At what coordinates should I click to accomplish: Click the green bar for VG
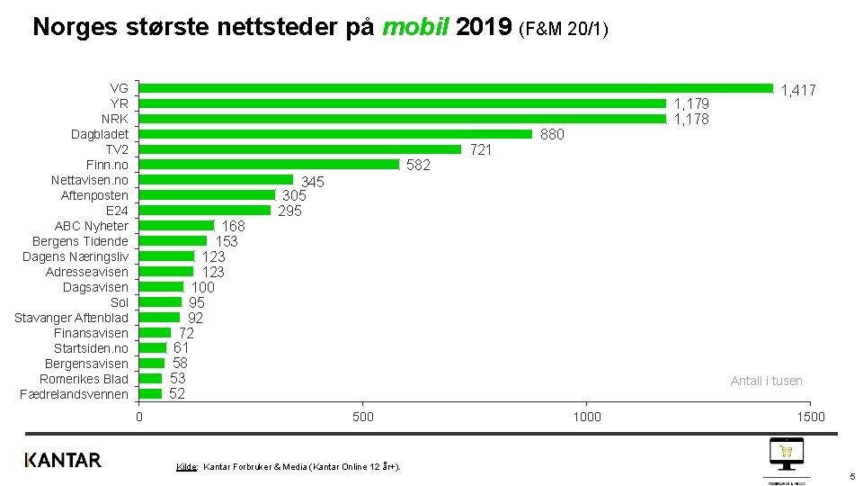click(x=456, y=88)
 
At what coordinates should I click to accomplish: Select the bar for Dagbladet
click(x=335, y=134)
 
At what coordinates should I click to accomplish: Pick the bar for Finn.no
click(x=269, y=165)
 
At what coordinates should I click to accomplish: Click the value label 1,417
click(x=798, y=90)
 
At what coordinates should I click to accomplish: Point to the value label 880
click(x=552, y=135)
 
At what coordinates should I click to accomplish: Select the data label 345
click(x=312, y=182)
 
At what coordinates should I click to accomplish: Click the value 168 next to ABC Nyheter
click(x=233, y=226)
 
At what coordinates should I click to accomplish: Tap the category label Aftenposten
click(x=94, y=195)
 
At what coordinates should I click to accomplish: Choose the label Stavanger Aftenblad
click(x=71, y=318)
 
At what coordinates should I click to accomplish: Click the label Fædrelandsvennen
click(x=74, y=394)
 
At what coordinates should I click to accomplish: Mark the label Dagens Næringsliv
click(x=76, y=256)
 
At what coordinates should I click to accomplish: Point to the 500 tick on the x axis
click(x=362, y=417)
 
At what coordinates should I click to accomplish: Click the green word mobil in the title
click(x=415, y=27)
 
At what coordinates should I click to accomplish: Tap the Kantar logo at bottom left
click(x=63, y=460)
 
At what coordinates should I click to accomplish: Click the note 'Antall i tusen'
click(x=766, y=381)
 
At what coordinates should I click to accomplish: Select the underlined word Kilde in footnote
click(x=186, y=466)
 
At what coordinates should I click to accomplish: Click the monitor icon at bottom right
click(x=786, y=453)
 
